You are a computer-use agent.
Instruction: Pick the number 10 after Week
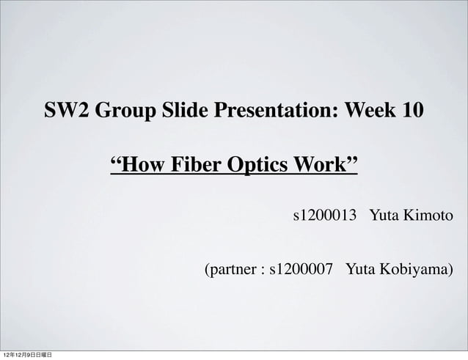click(412, 111)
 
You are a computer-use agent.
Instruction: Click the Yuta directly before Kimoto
click(383, 216)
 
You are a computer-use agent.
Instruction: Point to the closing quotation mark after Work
click(351, 159)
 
